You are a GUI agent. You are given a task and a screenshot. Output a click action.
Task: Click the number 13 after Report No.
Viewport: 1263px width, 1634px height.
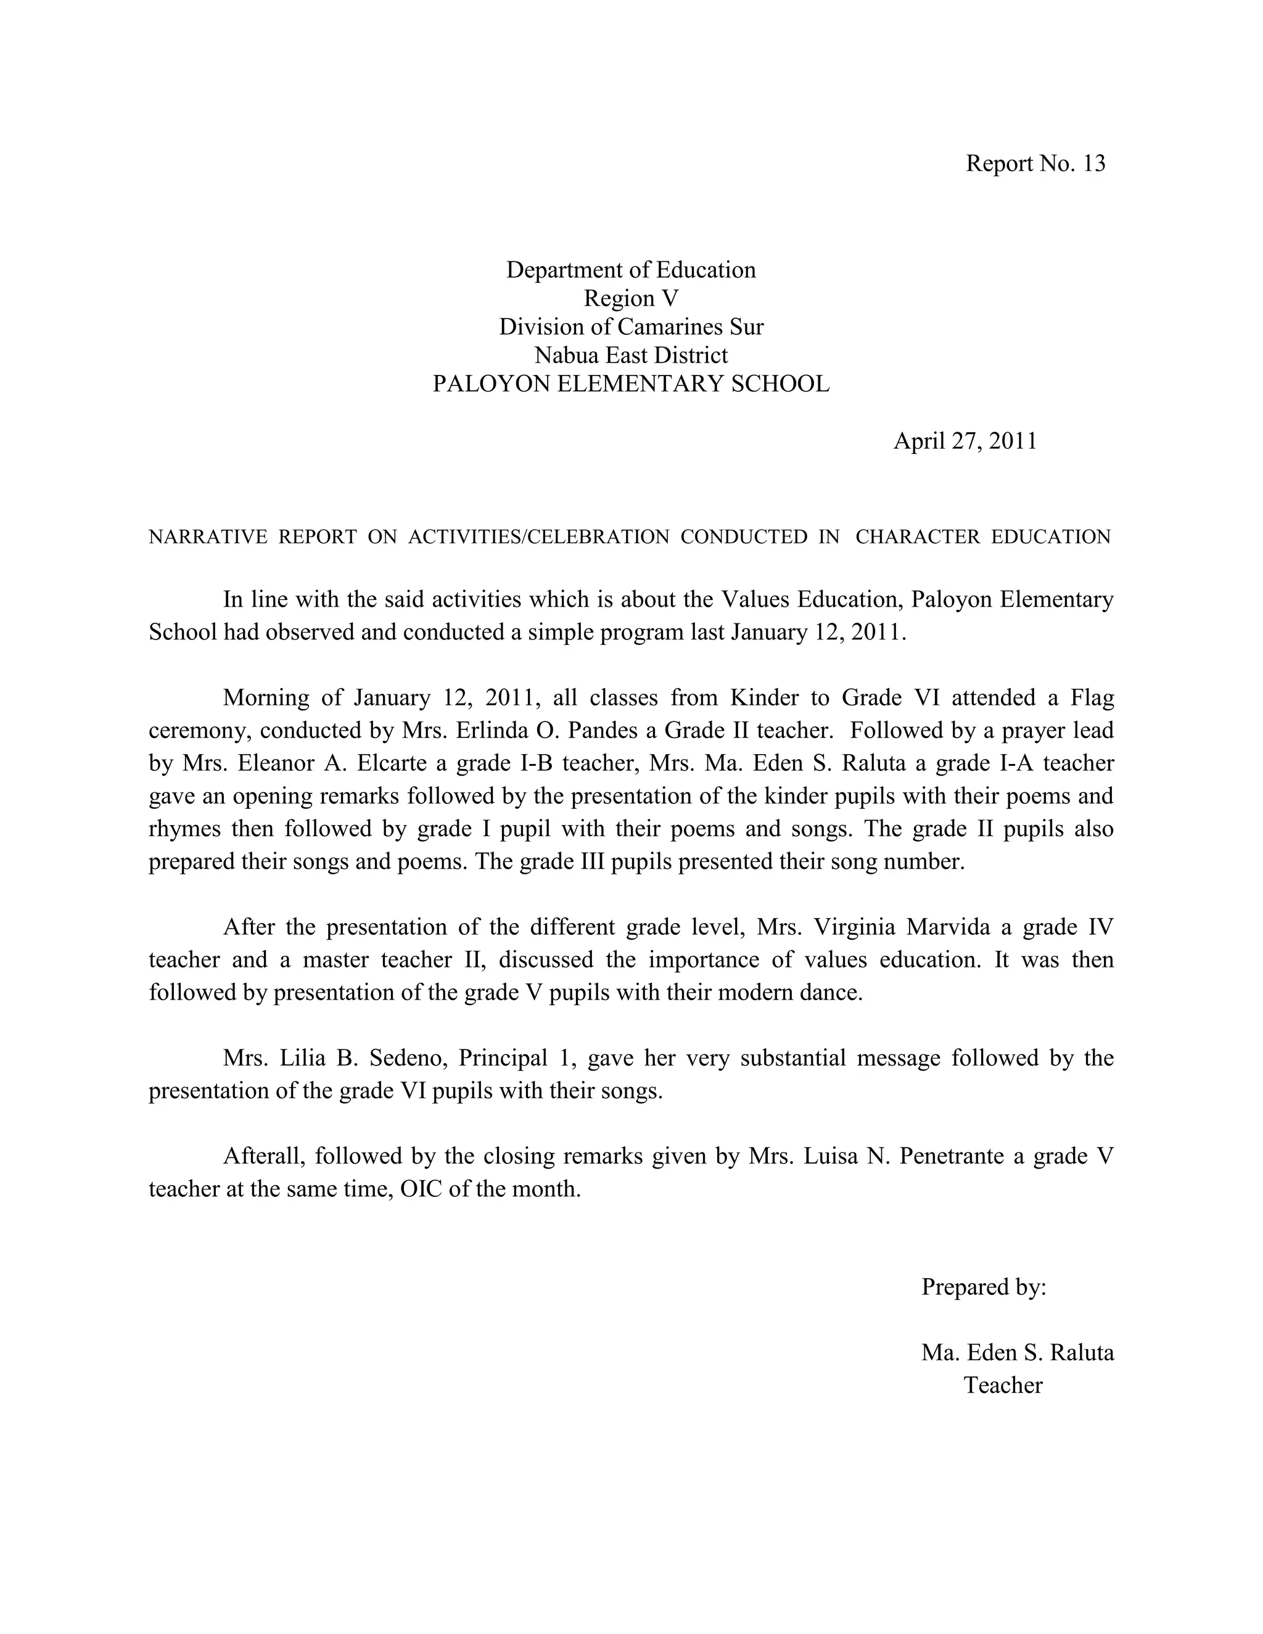point(1093,164)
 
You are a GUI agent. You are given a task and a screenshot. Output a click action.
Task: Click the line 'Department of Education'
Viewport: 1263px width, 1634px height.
point(631,270)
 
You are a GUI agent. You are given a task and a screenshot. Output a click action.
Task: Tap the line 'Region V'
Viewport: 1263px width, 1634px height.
point(631,298)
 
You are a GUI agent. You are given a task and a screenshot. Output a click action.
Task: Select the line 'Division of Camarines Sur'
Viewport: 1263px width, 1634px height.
point(631,327)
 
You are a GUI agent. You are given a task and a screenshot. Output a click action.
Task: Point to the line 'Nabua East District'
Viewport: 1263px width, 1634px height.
point(631,355)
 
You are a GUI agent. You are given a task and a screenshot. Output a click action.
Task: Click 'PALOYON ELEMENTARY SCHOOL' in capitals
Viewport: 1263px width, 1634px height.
point(631,384)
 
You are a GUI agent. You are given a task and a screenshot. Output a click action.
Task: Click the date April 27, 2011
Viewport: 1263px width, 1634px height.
point(965,441)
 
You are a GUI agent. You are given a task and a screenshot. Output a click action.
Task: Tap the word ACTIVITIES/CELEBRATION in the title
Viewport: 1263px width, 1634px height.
point(539,537)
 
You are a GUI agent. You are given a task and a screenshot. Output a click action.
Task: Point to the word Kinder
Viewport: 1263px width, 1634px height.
point(764,698)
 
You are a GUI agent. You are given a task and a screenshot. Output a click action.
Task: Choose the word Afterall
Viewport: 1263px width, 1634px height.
point(264,1157)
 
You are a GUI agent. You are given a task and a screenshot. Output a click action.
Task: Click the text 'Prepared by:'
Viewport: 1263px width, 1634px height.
point(983,1287)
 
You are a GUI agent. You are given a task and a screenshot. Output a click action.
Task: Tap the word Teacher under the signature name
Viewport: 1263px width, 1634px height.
point(1003,1386)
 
